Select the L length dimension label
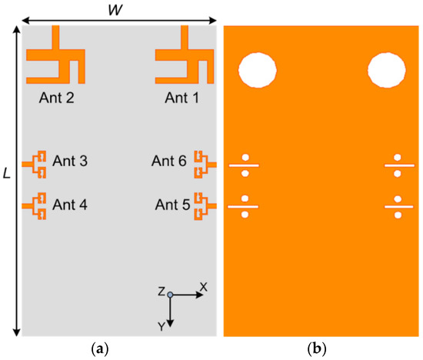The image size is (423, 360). pos(7,175)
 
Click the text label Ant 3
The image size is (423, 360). pos(70,162)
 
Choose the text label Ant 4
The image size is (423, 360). pos(70,205)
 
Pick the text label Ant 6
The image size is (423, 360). pos(170,162)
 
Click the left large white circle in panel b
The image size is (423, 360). pos(257,70)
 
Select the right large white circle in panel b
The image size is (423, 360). pos(386,70)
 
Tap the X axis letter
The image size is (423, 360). pos(203,286)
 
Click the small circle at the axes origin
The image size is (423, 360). pos(171,295)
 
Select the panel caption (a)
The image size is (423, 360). pos(99,349)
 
